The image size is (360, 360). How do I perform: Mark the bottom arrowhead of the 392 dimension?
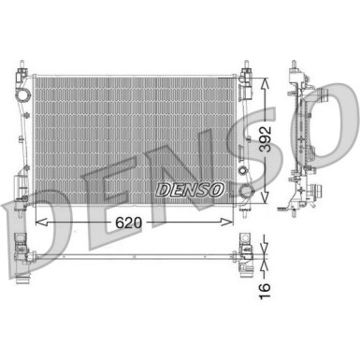pyautogui.click(x=270, y=204)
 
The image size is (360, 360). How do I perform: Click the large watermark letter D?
pyautogui.click(x=28, y=220)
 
